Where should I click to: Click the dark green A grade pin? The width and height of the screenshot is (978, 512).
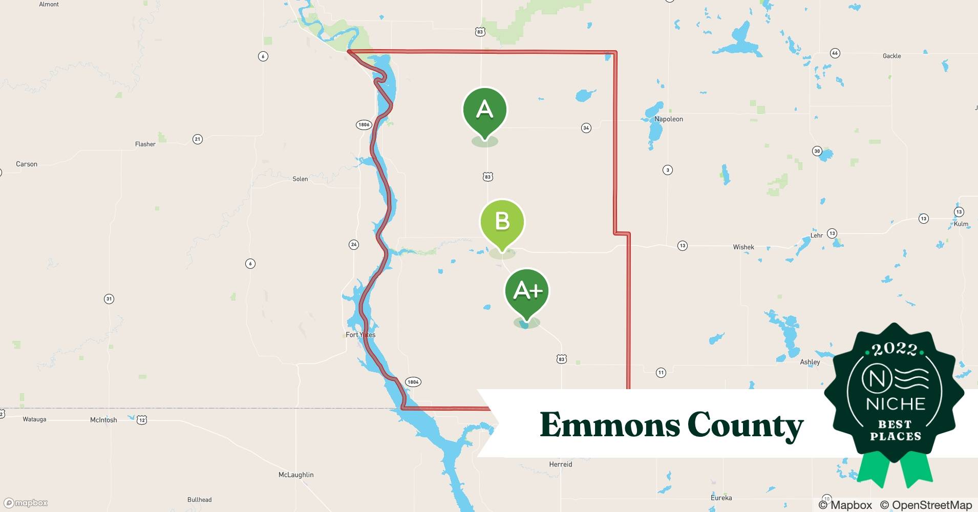point(484,111)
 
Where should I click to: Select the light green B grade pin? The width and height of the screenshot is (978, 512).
point(502,222)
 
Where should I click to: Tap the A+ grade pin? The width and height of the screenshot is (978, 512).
point(527,291)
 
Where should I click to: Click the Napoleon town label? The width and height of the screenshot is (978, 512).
point(668,119)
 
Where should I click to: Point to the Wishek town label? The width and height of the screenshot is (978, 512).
point(743,247)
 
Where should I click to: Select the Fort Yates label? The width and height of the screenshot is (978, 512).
point(360,335)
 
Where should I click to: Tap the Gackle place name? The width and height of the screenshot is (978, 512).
point(891,56)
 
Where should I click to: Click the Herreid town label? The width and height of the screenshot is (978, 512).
point(560,464)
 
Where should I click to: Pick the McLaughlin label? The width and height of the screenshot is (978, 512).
point(296,475)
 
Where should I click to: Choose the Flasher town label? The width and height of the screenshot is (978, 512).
point(145,144)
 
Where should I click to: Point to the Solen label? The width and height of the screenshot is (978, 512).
point(300,179)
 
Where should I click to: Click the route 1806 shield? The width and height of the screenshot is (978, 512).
point(364,124)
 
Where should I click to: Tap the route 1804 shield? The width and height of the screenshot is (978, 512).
point(413,382)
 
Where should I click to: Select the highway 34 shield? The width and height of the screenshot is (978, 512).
point(586,128)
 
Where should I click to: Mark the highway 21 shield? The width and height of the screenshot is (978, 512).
point(197,139)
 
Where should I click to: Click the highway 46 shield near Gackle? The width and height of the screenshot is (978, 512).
point(835,53)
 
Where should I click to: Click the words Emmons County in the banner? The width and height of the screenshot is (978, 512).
point(671,425)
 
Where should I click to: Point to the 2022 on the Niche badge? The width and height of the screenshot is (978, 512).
point(894,349)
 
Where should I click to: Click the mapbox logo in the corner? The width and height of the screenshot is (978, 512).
point(26,503)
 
